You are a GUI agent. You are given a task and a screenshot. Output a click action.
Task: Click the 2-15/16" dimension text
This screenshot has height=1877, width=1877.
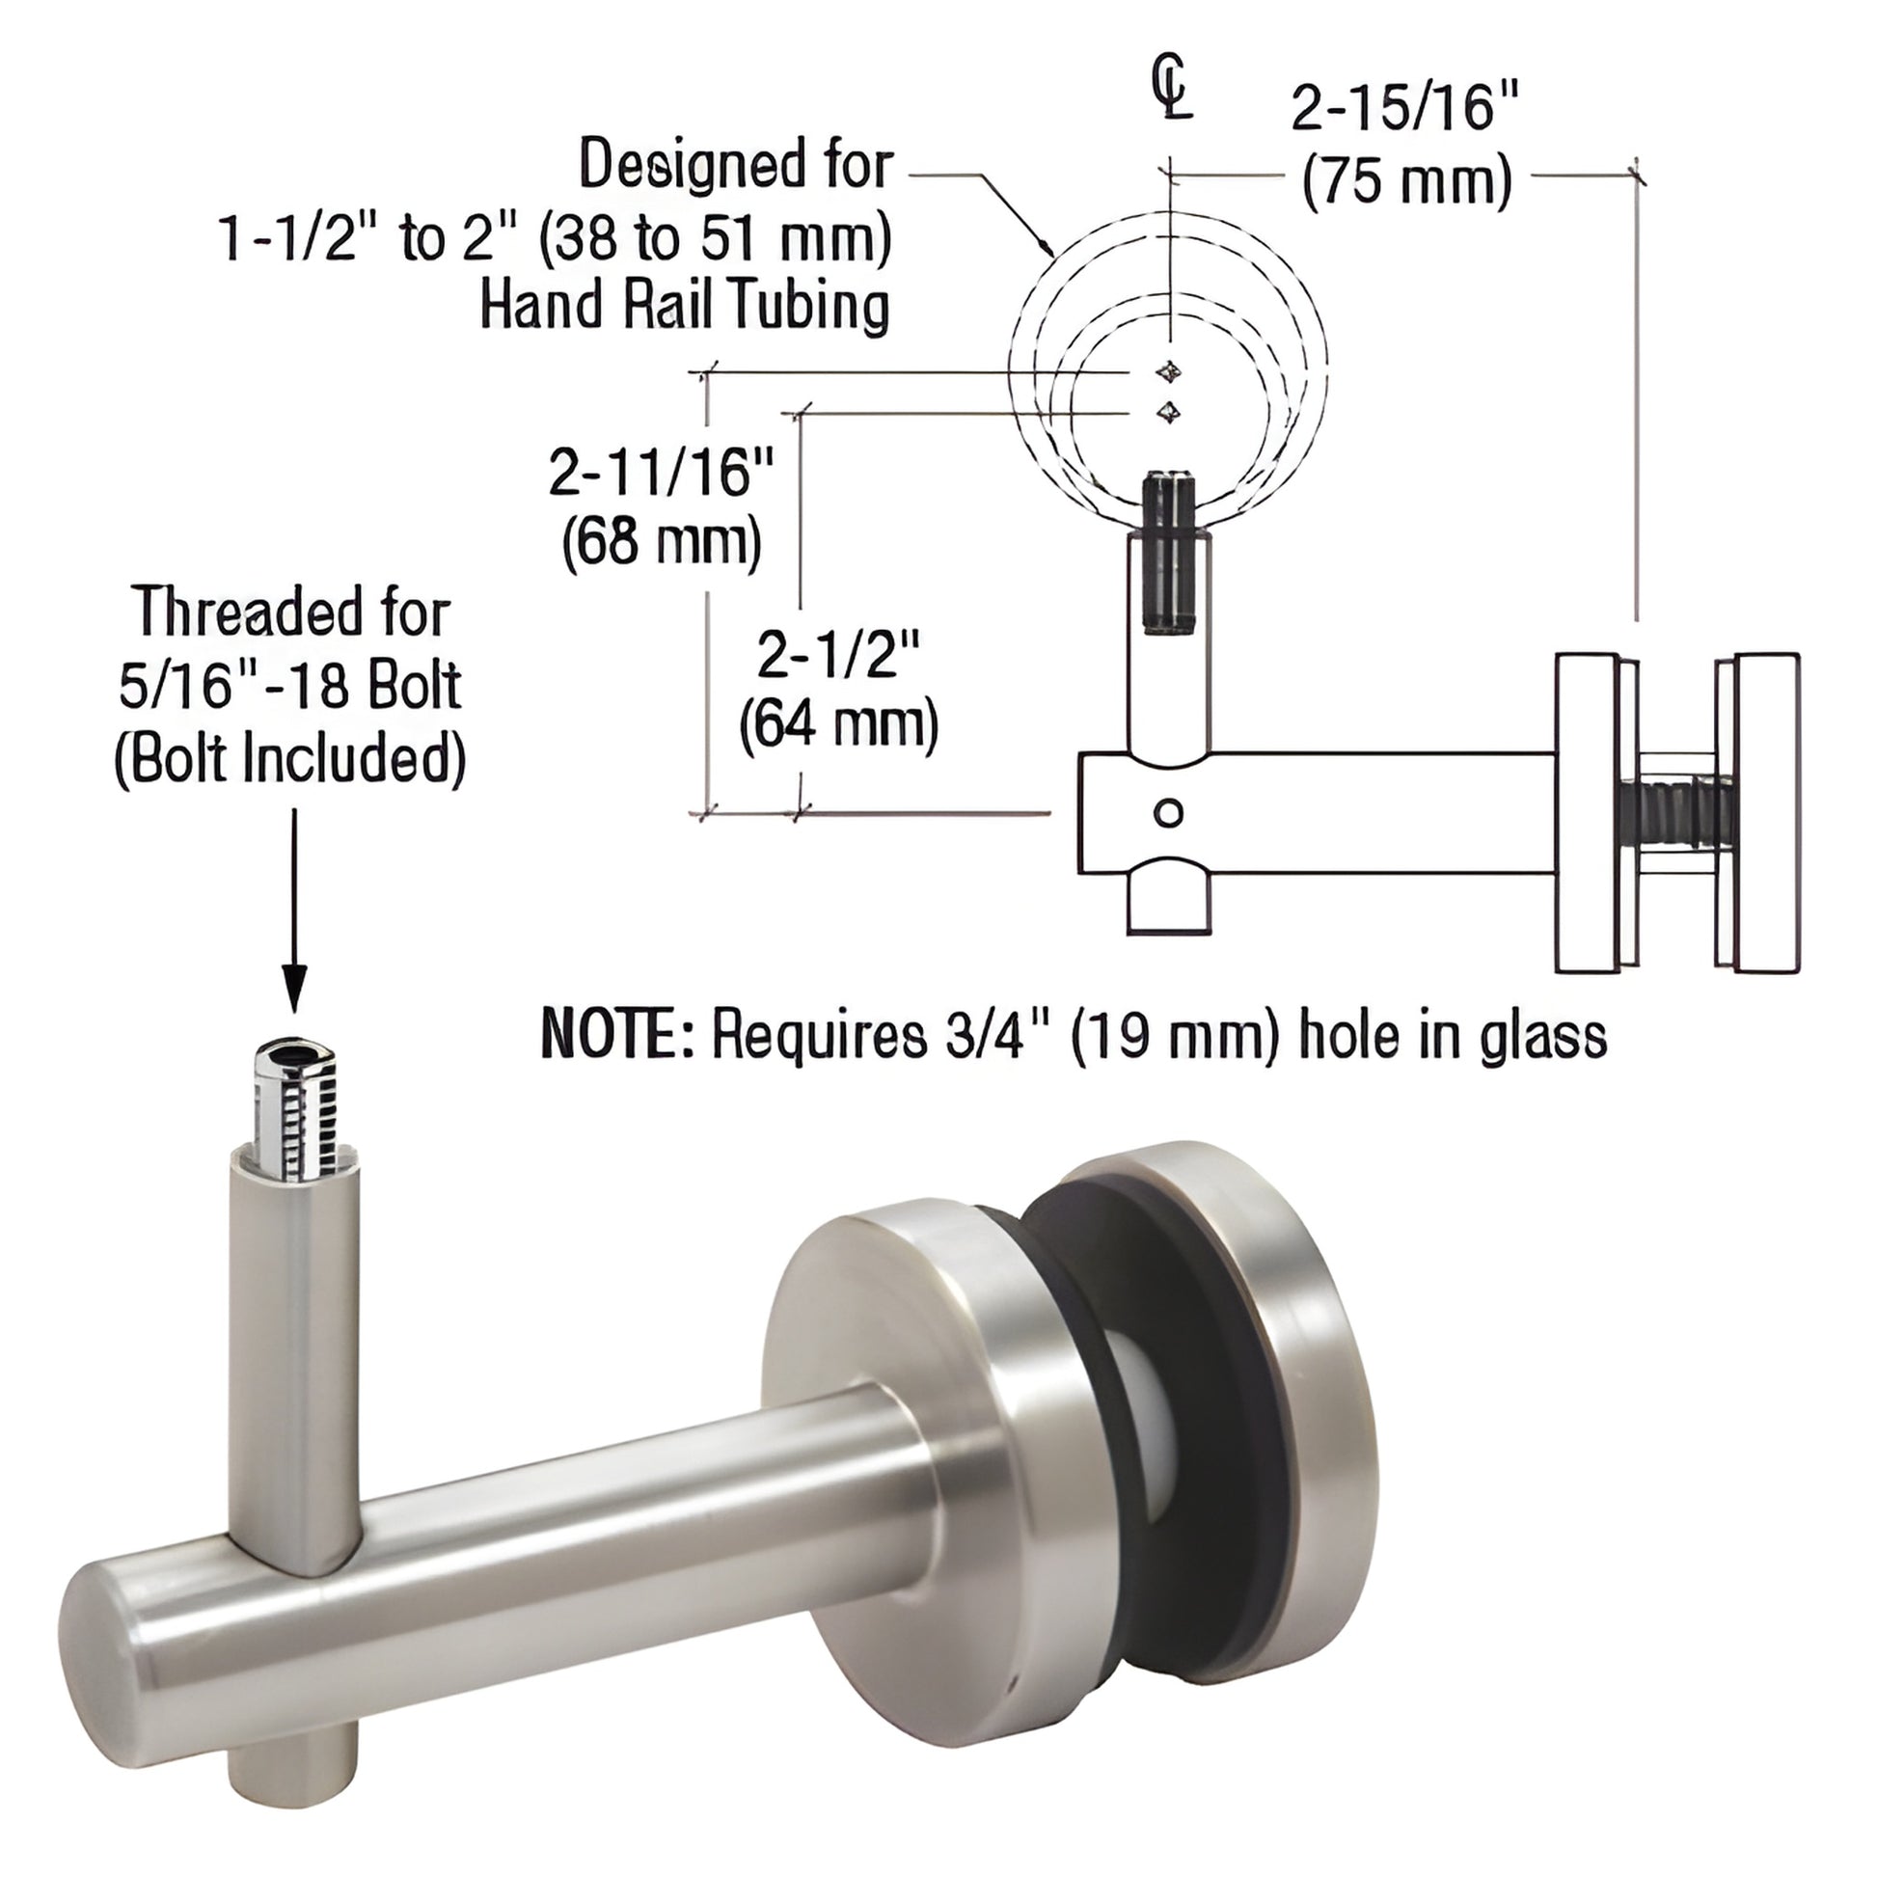1403,108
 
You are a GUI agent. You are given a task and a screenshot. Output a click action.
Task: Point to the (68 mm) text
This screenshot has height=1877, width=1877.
661,544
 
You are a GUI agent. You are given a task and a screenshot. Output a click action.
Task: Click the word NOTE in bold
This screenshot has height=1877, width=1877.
616,1037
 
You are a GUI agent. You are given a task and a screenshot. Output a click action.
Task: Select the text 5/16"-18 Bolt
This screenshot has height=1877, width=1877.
289,686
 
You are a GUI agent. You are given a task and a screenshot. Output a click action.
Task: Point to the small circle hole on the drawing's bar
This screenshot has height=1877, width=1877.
1169,811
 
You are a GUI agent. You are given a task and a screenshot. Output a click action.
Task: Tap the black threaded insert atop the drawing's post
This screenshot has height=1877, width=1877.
1169,554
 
